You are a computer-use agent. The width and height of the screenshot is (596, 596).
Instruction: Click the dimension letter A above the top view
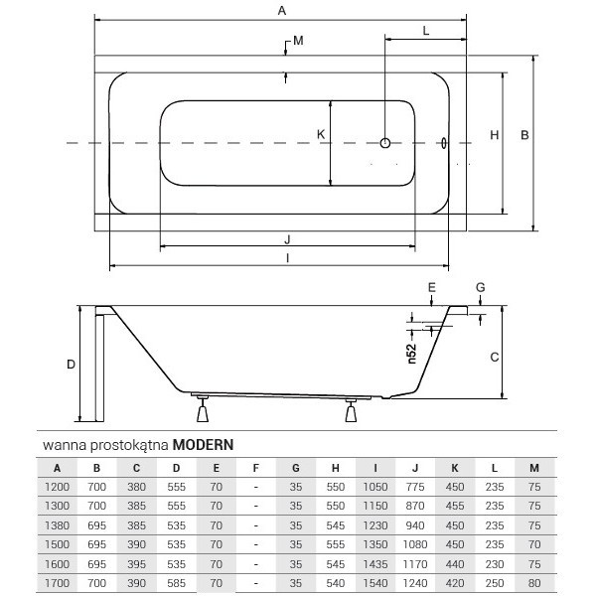click(x=281, y=11)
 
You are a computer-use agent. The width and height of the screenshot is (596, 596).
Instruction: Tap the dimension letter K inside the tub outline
click(x=320, y=134)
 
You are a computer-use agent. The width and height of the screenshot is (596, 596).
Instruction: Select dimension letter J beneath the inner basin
click(x=286, y=238)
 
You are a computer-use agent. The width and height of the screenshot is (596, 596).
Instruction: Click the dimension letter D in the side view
click(x=71, y=365)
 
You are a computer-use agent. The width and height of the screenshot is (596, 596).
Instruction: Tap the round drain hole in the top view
click(x=387, y=144)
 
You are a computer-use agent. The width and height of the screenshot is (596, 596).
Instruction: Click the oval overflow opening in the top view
click(x=444, y=144)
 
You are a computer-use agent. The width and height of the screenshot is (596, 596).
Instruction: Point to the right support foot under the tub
click(x=352, y=410)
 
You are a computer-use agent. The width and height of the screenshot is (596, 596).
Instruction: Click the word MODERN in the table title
click(x=204, y=445)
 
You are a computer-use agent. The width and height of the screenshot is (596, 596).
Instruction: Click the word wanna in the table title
click(x=61, y=445)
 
